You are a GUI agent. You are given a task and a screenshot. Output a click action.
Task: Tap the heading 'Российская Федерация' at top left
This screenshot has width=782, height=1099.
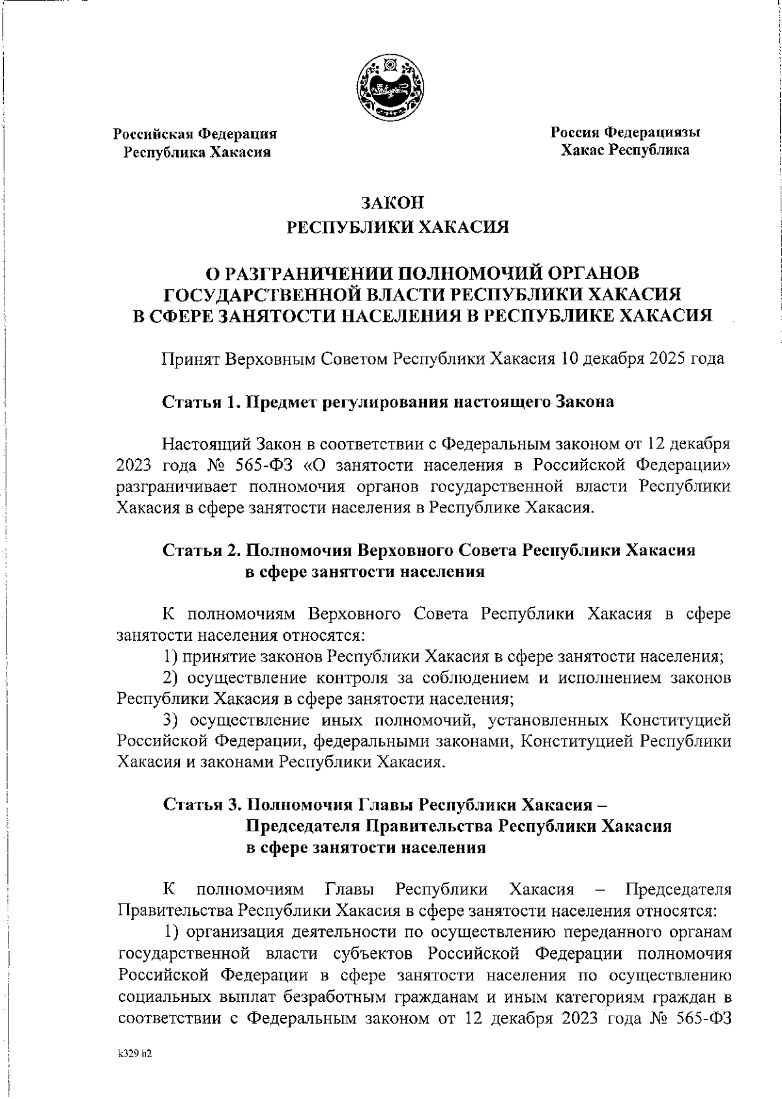click(x=195, y=134)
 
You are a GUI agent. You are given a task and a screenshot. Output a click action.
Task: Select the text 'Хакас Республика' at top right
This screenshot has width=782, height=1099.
click(x=625, y=150)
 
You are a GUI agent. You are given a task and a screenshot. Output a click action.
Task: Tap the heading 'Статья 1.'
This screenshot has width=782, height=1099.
click(x=201, y=402)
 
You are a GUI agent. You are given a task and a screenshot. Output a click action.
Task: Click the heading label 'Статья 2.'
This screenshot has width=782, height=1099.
click(x=201, y=550)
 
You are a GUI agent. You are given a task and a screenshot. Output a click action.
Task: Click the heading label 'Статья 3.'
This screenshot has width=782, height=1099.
click(x=201, y=804)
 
